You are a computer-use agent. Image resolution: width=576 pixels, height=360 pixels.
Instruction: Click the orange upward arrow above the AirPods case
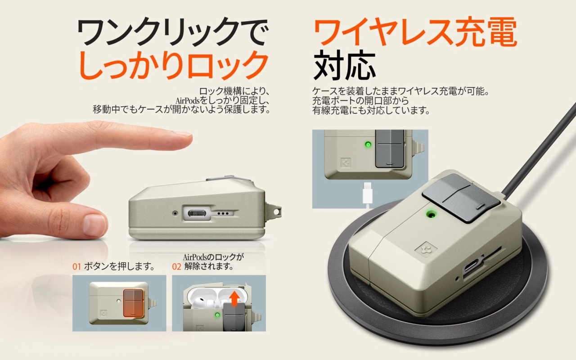(234, 299)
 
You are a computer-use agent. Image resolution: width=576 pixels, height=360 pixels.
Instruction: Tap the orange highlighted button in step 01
(133, 303)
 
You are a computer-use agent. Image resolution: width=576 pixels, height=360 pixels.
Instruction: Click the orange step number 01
(76, 267)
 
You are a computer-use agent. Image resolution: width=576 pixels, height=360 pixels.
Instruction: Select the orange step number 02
(177, 267)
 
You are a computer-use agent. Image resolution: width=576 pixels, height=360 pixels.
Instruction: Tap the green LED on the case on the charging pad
(431, 214)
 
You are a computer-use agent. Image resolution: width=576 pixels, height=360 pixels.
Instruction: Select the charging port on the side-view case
(197, 213)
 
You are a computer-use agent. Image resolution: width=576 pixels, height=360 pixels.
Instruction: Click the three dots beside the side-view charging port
(223, 214)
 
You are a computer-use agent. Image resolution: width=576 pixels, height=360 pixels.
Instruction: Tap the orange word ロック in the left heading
(228, 64)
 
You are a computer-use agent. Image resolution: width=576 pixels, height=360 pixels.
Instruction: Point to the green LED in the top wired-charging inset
(368, 144)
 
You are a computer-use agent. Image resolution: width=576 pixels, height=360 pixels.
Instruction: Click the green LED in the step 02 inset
(217, 315)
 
